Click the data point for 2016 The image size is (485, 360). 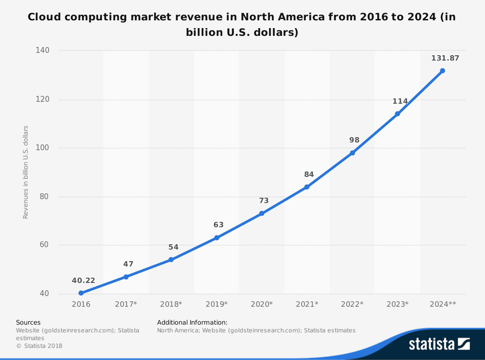(81, 293)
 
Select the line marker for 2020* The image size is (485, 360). (262, 213)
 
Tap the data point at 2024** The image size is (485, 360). (442, 71)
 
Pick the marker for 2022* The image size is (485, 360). (353, 153)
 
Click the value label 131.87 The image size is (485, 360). (445, 58)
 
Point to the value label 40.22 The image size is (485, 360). (83, 281)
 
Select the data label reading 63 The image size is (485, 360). (219, 225)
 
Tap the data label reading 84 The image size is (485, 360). (309, 174)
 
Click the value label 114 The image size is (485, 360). (400, 101)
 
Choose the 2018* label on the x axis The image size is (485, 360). (171, 304)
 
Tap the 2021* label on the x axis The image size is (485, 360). (307, 304)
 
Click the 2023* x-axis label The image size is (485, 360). (397, 304)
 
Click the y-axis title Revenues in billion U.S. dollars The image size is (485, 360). (26, 172)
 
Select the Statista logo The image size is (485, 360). (439, 344)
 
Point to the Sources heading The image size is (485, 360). (28, 322)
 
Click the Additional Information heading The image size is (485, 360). (192, 322)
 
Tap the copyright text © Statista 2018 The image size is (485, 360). (39, 345)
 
